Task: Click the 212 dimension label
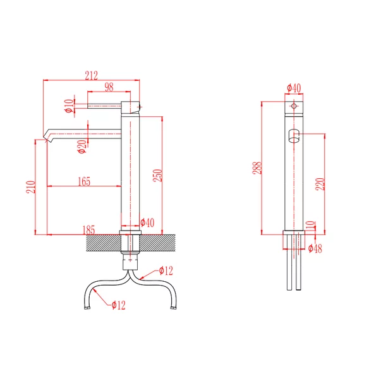[92, 75]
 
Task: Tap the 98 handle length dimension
[109, 87]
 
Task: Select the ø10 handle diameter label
[70, 106]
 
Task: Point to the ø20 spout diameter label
[82, 147]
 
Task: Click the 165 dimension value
[84, 181]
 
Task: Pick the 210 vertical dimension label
[31, 187]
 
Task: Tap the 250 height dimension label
[157, 176]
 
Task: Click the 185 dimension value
[88, 230]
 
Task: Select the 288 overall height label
[257, 167]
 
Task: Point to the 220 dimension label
[320, 184]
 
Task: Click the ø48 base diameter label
[315, 248]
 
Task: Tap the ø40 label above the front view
[294, 88]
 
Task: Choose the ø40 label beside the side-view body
[147, 222]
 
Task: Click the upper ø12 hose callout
[166, 270]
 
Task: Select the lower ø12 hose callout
[119, 305]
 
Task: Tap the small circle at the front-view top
[294, 106]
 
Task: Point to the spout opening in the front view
[294, 136]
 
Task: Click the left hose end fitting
[87, 308]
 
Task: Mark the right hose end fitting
[174, 308]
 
